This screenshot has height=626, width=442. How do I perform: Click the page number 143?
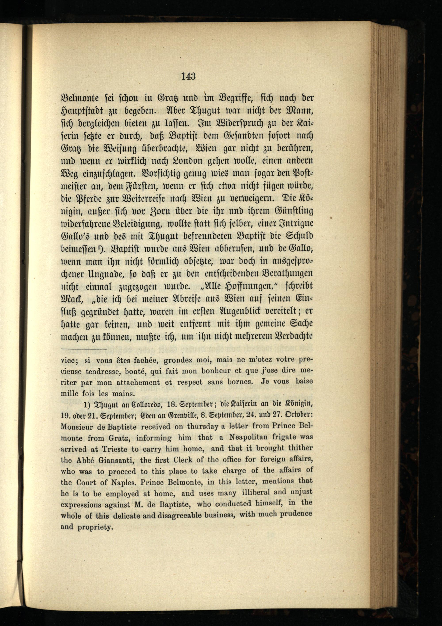click(188, 76)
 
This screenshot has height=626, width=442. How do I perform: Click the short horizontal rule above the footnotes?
click(83, 349)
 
